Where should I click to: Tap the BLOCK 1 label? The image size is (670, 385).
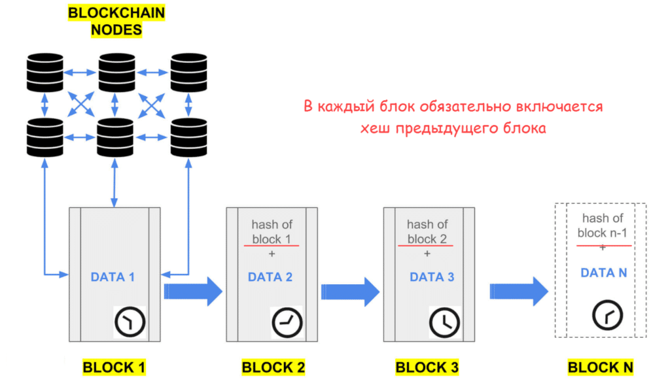click(x=114, y=367)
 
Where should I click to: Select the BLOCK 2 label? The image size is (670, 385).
click(x=273, y=367)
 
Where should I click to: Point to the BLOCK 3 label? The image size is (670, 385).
click(x=427, y=367)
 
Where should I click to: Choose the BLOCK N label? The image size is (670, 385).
click(x=601, y=367)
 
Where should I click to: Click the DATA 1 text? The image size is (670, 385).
click(x=113, y=277)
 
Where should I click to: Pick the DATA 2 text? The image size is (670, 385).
click(x=270, y=277)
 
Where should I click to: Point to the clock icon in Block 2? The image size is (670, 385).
click(x=287, y=322)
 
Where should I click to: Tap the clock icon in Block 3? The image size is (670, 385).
click(x=445, y=322)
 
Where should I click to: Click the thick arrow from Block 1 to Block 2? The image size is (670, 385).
click(x=193, y=291)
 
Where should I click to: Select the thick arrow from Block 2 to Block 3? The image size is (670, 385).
click(x=351, y=291)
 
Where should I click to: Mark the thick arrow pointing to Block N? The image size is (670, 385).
click(x=519, y=291)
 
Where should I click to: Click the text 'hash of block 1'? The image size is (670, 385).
click(x=271, y=231)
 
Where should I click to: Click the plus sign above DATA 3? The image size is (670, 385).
click(x=427, y=254)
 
